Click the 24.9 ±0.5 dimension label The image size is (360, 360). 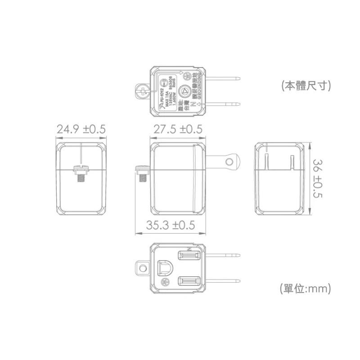tap(81, 130)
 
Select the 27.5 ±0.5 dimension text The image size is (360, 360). tap(178, 130)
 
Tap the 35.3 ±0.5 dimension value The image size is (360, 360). tap(171, 225)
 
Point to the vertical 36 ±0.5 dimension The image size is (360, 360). tap(317, 178)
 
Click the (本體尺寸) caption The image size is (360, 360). tap(306, 85)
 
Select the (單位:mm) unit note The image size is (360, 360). tap(306, 288)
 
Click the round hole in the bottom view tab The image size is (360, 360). tap(143, 269)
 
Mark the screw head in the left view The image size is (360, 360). tap(81, 169)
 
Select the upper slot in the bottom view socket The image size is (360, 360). tap(189, 256)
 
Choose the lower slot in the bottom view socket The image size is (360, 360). tap(189, 282)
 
